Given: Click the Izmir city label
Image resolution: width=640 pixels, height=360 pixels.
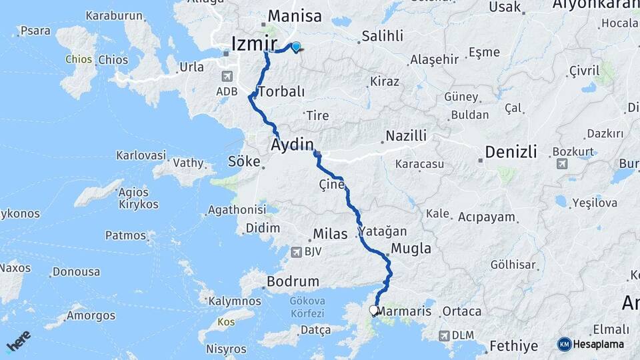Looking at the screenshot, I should tap(253, 44).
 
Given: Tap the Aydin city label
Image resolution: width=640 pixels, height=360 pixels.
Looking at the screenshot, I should tap(292, 145).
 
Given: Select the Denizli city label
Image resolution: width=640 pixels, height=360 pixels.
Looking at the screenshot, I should tap(511, 152).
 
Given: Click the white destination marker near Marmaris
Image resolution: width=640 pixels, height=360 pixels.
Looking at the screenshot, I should tap(374, 310).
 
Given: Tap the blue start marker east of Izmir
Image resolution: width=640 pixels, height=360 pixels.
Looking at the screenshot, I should tap(295, 47).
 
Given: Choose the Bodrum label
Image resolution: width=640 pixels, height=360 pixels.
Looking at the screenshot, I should tap(293, 281).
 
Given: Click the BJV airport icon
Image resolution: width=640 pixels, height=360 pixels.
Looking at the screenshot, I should tap(296, 252).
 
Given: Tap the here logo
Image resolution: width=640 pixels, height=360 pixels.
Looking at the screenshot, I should tap(19, 341).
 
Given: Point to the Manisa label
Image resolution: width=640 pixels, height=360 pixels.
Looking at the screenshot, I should tap(294, 16).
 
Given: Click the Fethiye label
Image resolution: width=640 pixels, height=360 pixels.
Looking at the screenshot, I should tap(513, 346).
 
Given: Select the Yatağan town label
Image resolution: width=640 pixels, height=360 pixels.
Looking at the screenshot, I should tap(383, 231).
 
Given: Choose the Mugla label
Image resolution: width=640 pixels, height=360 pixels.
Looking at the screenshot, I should tap(411, 249).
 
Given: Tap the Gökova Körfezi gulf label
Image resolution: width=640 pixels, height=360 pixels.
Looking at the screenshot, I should tap(307, 307).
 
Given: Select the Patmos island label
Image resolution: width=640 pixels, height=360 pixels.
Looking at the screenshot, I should tap(125, 235).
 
